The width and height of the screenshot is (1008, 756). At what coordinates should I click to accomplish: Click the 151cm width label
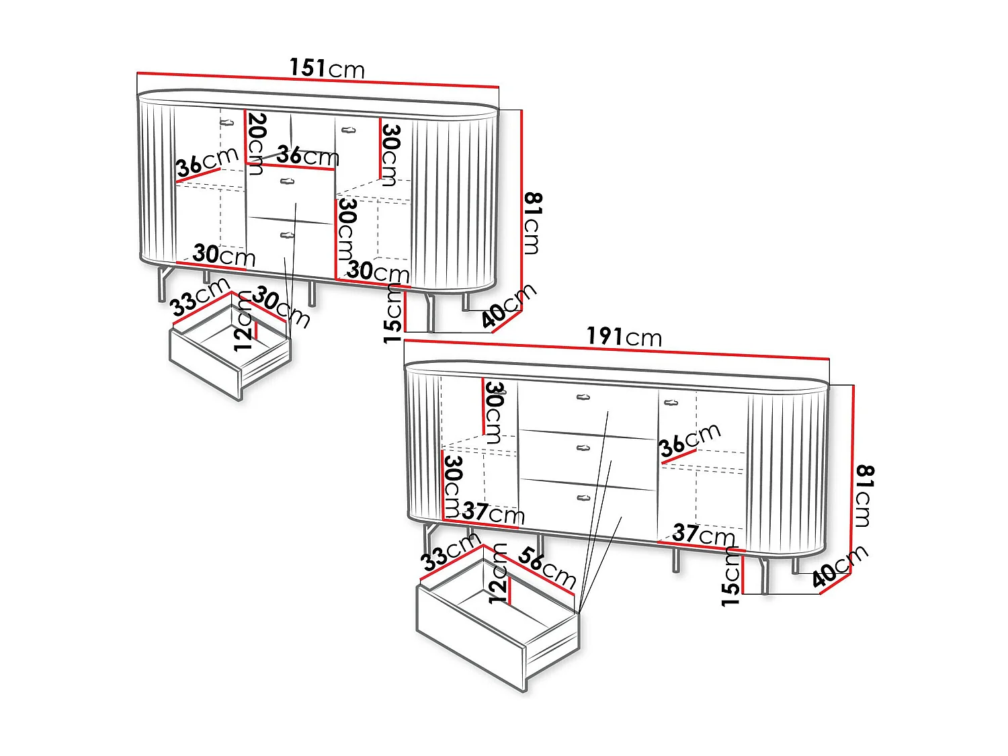tap(327, 69)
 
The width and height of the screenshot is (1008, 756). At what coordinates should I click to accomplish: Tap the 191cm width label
tap(624, 337)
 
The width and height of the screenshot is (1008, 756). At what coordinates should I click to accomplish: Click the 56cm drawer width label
tap(547, 569)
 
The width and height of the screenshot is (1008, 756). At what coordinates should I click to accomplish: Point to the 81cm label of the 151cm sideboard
tap(533, 224)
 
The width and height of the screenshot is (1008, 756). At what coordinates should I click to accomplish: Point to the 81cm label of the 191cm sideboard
tap(865, 496)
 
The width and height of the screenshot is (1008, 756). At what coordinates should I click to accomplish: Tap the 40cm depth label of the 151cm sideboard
tap(509, 306)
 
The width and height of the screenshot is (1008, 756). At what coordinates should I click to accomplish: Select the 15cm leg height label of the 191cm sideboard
tap(730, 577)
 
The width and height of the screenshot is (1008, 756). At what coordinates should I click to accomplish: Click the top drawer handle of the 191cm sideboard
tap(583, 397)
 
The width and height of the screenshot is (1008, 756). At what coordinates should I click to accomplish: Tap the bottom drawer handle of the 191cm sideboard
tap(583, 497)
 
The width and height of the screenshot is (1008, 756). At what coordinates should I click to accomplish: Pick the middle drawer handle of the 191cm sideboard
tap(583, 448)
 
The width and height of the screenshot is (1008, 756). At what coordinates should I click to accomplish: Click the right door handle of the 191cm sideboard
tap(671, 403)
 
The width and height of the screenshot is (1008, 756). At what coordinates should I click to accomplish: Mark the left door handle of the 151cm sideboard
tap(227, 122)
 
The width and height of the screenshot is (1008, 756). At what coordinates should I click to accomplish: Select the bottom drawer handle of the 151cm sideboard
tap(287, 235)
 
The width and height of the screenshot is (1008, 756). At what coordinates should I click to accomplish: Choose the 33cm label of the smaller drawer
tap(200, 297)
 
